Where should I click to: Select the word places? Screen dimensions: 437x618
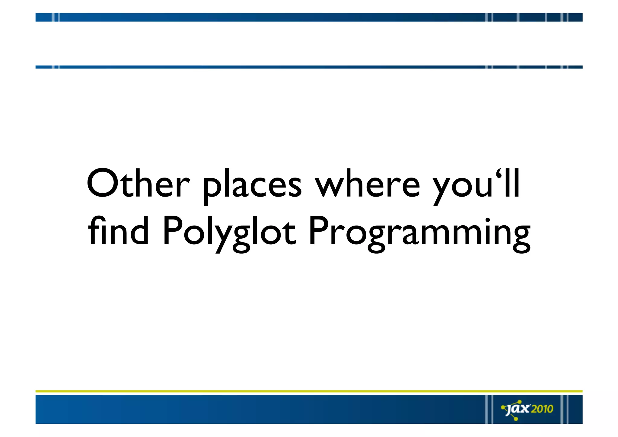(x=252, y=186)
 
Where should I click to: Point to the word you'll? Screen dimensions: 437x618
(x=476, y=186)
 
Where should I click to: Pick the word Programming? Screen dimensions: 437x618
(x=419, y=233)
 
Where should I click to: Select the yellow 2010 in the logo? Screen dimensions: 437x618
(x=542, y=409)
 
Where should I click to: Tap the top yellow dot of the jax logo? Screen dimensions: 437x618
(x=520, y=401)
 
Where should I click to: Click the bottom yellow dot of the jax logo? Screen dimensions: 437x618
(x=516, y=419)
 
